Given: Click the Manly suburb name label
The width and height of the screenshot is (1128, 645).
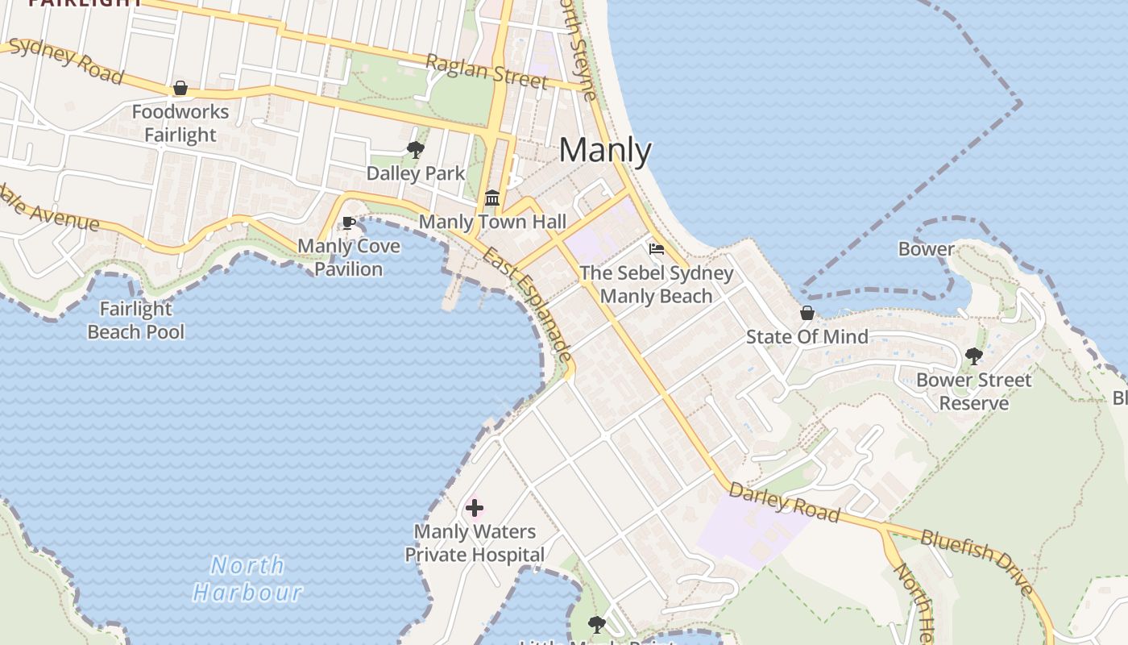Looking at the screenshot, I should point(605,151).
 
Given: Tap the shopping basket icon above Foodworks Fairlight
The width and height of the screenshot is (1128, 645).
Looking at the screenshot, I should point(180,88).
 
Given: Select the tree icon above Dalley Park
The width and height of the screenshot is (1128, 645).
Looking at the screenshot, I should point(416,149).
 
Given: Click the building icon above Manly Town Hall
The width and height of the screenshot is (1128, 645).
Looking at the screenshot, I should point(492,198).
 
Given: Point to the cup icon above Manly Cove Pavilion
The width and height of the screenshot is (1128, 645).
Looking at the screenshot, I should point(349,223).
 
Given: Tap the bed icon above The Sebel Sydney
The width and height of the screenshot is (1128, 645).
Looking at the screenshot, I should point(657,249).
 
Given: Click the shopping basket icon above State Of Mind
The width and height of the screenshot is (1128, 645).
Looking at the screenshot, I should point(807,313).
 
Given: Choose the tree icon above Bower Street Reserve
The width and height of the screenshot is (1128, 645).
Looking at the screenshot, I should point(973,356).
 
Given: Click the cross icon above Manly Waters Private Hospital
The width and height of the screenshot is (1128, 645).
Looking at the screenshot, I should point(475,508).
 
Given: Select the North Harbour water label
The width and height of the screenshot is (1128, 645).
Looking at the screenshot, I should point(248,579).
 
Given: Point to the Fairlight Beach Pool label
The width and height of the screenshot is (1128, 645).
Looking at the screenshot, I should point(136,320).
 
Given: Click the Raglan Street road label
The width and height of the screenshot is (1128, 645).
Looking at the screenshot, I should point(487,72).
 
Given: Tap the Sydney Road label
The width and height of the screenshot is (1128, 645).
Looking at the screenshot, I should point(67,60).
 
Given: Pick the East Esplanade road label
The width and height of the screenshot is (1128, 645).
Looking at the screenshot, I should point(529,305).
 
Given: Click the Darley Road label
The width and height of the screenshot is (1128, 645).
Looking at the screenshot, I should point(784,502).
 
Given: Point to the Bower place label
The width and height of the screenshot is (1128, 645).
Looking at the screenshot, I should point(927,249).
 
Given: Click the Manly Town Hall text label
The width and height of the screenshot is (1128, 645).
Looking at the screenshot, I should point(492,222).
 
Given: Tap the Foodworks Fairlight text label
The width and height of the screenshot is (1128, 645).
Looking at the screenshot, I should point(180,123).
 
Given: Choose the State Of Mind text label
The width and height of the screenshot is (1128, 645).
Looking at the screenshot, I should point(807,337).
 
